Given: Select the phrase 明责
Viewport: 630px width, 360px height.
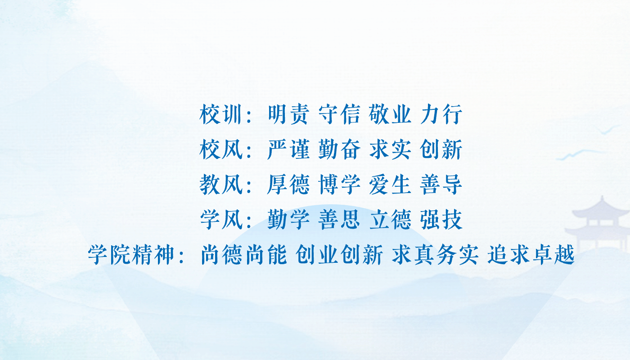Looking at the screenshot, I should tap(288, 115).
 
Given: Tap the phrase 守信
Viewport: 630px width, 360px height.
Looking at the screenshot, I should tap(339, 115).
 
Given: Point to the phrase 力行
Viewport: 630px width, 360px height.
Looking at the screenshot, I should tap(441, 115).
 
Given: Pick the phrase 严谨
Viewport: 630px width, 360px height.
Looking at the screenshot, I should tap(288, 150).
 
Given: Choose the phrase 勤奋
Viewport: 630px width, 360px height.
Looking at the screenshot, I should tap(339, 150).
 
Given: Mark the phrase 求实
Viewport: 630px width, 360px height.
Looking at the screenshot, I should tap(390, 150).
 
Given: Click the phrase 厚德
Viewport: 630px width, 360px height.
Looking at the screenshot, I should tap(288, 185).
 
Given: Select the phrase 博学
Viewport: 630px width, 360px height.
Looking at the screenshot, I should tap(339, 185).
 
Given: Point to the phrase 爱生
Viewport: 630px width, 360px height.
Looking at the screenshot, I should tap(390, 185).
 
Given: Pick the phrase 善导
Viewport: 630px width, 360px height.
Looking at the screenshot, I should tap(441, 185).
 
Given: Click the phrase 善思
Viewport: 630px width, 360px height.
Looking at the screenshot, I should tap(339, 220).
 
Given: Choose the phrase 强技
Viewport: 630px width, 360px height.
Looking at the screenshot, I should tap(441, 220).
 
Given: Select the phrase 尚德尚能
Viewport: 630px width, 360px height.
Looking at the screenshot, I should tap(244, 256).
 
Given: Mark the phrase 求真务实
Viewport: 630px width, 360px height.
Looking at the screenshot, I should tap(435, 256).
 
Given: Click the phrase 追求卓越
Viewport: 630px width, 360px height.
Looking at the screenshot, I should tap(531, 256).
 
